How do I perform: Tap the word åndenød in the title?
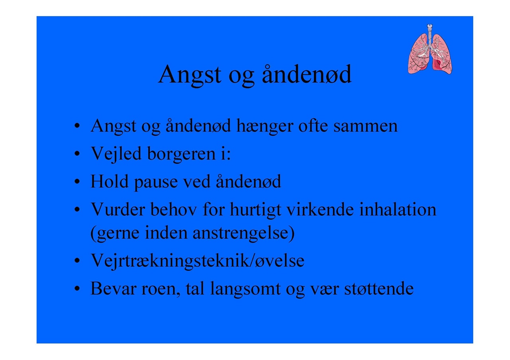click(x=307, y=74)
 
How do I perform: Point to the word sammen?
click(x=365, y=127)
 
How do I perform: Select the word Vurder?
click(x=118, y=209)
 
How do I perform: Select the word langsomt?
click(x=245, y=290)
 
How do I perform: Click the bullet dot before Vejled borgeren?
click(x=77, y=154)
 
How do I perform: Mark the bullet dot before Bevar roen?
click(x=77, y=289)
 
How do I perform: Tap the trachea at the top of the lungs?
click(x=430, y=35)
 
